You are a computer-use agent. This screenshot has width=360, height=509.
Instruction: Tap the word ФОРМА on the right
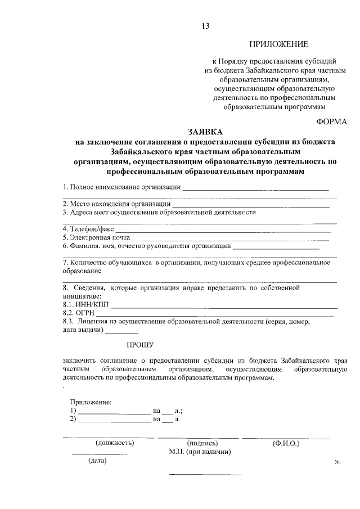tap(332, 120)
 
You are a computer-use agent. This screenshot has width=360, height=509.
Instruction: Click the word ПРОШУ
tap(139, 344)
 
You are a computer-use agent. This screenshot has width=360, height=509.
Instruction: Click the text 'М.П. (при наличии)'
tap(200, 452)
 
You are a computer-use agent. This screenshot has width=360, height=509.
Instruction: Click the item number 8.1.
tap(69, 304)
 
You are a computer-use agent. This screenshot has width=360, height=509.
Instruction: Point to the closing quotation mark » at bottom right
tap(337, 462)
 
